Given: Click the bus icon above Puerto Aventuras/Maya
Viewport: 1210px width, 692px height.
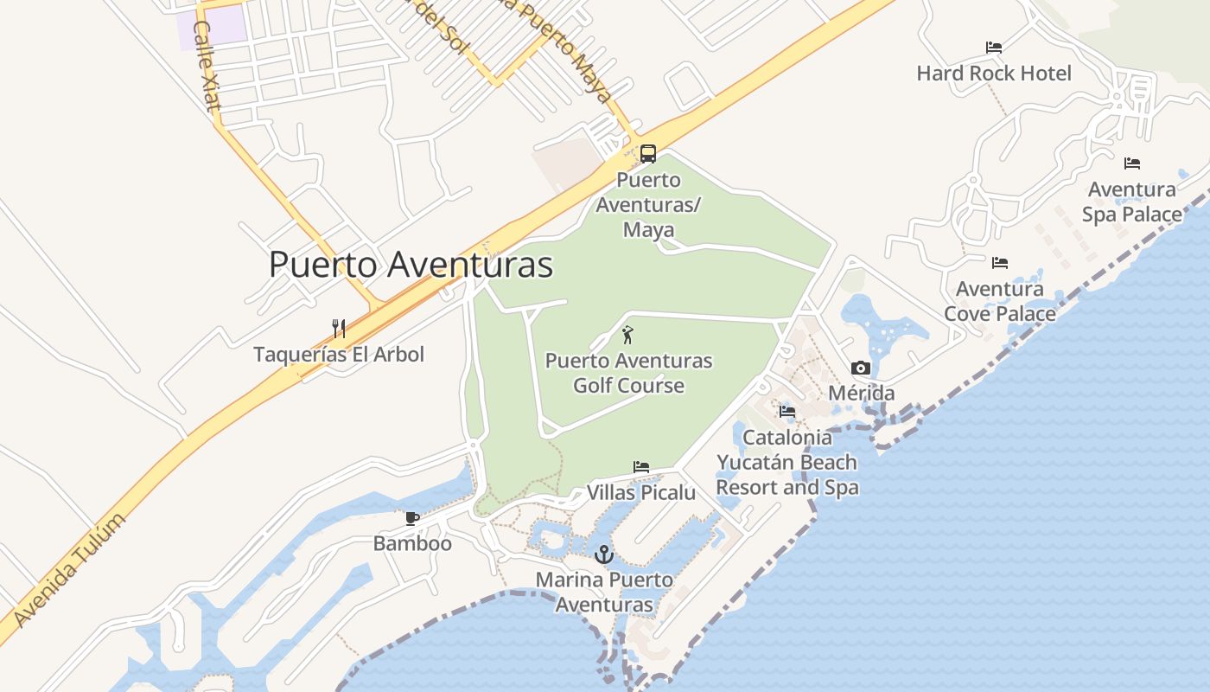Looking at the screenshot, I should coord(647,154).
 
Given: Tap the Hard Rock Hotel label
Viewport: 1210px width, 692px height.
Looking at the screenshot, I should coord(994,74).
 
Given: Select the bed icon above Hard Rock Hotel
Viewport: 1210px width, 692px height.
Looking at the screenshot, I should coord(994,47).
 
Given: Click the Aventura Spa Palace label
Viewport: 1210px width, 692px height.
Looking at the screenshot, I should coord(1131,202).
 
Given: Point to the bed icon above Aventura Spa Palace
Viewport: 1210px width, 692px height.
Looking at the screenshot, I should coord(1132,163).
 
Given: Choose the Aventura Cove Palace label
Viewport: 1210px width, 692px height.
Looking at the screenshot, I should coord(1000,301).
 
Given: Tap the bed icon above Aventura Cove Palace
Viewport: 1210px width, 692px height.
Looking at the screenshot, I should coord(1000,262).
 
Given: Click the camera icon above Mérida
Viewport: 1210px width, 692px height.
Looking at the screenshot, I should coord(861,368).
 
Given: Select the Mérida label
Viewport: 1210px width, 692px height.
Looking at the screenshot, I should coord(862,394).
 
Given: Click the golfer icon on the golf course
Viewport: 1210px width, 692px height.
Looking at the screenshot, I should coord(628,334).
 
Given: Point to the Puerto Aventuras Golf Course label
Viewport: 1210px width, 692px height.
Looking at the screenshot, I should coord(629,373).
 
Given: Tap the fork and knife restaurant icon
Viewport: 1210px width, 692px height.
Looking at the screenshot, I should coord(339,328).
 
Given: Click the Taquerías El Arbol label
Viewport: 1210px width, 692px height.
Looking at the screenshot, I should coord(339,355).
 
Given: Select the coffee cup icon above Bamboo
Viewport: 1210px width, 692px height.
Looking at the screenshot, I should coord(412,518).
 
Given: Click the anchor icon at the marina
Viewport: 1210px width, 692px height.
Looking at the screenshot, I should coord(603,554).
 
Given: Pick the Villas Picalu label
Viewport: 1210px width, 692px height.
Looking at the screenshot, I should coord(641,493).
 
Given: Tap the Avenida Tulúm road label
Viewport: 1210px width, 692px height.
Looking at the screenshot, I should coord(70,571).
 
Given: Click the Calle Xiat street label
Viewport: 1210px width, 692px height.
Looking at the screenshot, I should coord(207,66).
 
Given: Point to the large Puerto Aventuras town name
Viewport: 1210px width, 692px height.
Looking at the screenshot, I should coord(411,265).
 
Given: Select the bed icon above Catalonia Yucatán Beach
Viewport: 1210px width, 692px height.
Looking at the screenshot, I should coord(786,411).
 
